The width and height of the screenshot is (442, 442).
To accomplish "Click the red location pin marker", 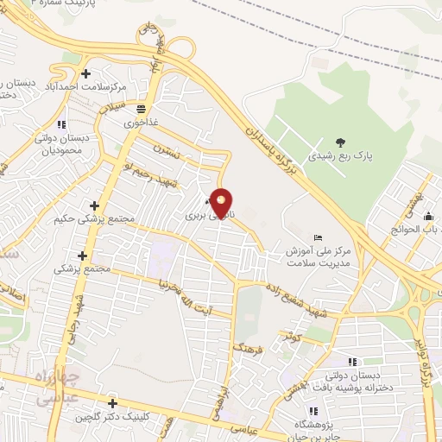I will coord(223,204).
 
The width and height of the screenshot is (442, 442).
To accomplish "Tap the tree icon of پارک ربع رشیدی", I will coord(339,142).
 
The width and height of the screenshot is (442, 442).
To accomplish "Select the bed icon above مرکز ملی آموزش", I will coord(318,237).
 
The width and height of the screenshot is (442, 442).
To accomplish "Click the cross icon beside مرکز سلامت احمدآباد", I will coord(85,75).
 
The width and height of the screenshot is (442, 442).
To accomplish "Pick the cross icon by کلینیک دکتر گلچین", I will coord(112,403).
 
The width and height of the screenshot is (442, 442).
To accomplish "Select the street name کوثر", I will coord(291,336).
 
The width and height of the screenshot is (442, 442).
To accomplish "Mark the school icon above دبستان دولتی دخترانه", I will coord(351,362).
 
